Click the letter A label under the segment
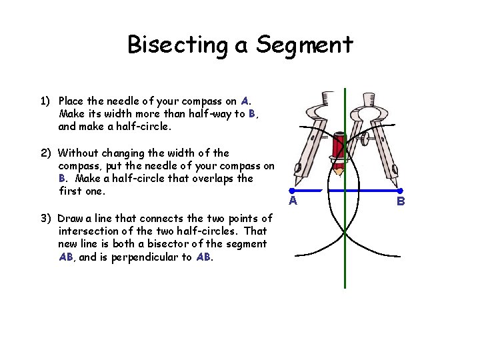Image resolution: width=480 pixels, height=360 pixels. (293, 200)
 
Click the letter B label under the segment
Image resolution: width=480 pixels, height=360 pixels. (401, 200)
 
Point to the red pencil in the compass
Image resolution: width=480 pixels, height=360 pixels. (338, 151)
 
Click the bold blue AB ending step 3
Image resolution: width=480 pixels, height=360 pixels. (204, 257)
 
